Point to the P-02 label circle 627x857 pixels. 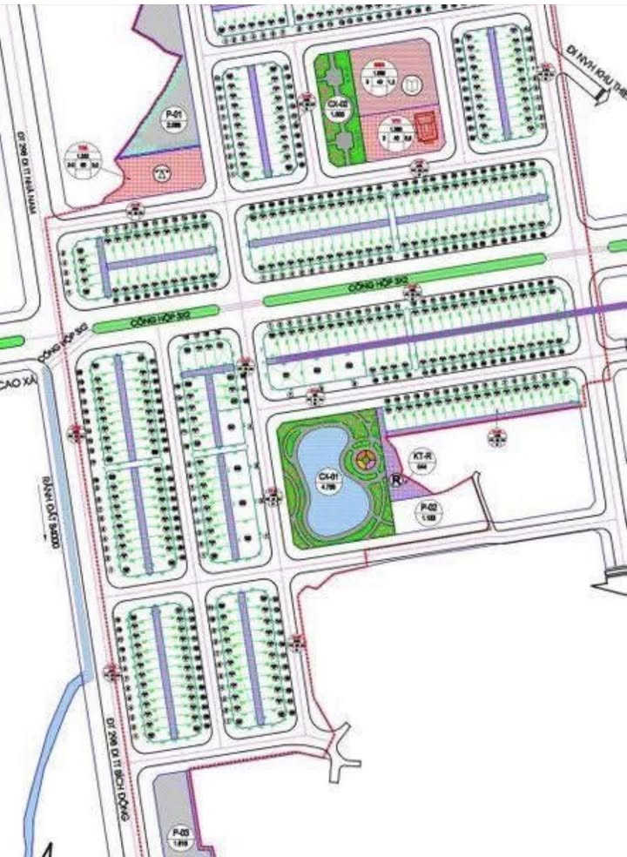coord(428,511)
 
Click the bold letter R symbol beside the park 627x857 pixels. coord(397,479)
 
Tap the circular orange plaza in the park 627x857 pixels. coord(365,459)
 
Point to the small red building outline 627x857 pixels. coord(424,127)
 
